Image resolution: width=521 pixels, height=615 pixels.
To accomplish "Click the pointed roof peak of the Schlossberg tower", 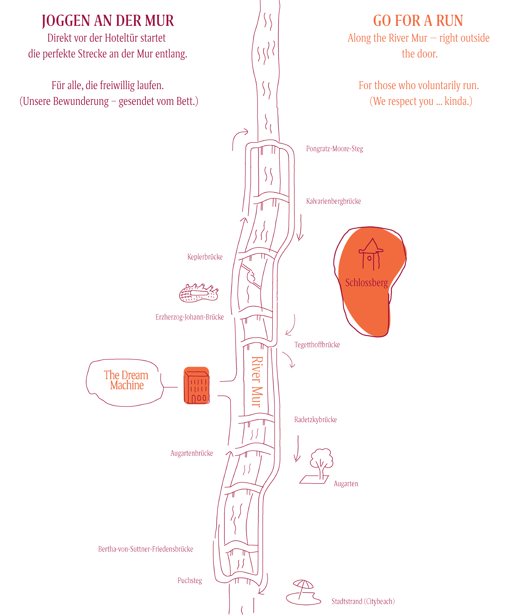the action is pyautogui.click(x=373, y=238).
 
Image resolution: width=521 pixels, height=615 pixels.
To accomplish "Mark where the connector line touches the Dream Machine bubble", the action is pyautogui.click(x=163, y=387).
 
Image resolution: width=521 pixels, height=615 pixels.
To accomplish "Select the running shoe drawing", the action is pyautogui.click(x=199, y=293).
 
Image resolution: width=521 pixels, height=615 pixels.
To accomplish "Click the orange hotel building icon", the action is pyautogui.click(x=196, y=385).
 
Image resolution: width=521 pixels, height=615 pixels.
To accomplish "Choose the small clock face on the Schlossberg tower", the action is pyautogui.click(x=370, y=258).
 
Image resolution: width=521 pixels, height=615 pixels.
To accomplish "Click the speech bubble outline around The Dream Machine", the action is pyautogui.click(x=125, y=383).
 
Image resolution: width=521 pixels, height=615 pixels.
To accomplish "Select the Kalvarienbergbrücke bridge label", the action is pyautogui.click(x=333, y=201).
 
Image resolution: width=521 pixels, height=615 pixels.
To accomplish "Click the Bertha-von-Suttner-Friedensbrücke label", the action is pyautogui.click(x=146, y=549).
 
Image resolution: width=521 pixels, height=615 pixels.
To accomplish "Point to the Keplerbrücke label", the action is pyautogui.click(x=205, y=257).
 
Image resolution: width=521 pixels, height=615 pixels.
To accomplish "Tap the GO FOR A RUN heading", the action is pyautogui.click(x=418, y=21).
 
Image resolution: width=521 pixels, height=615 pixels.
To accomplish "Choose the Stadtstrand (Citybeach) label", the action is pyautogui.click(x=363, y=601).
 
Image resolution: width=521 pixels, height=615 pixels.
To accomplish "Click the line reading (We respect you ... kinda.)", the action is pyautogui.click(x=421, y=101).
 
